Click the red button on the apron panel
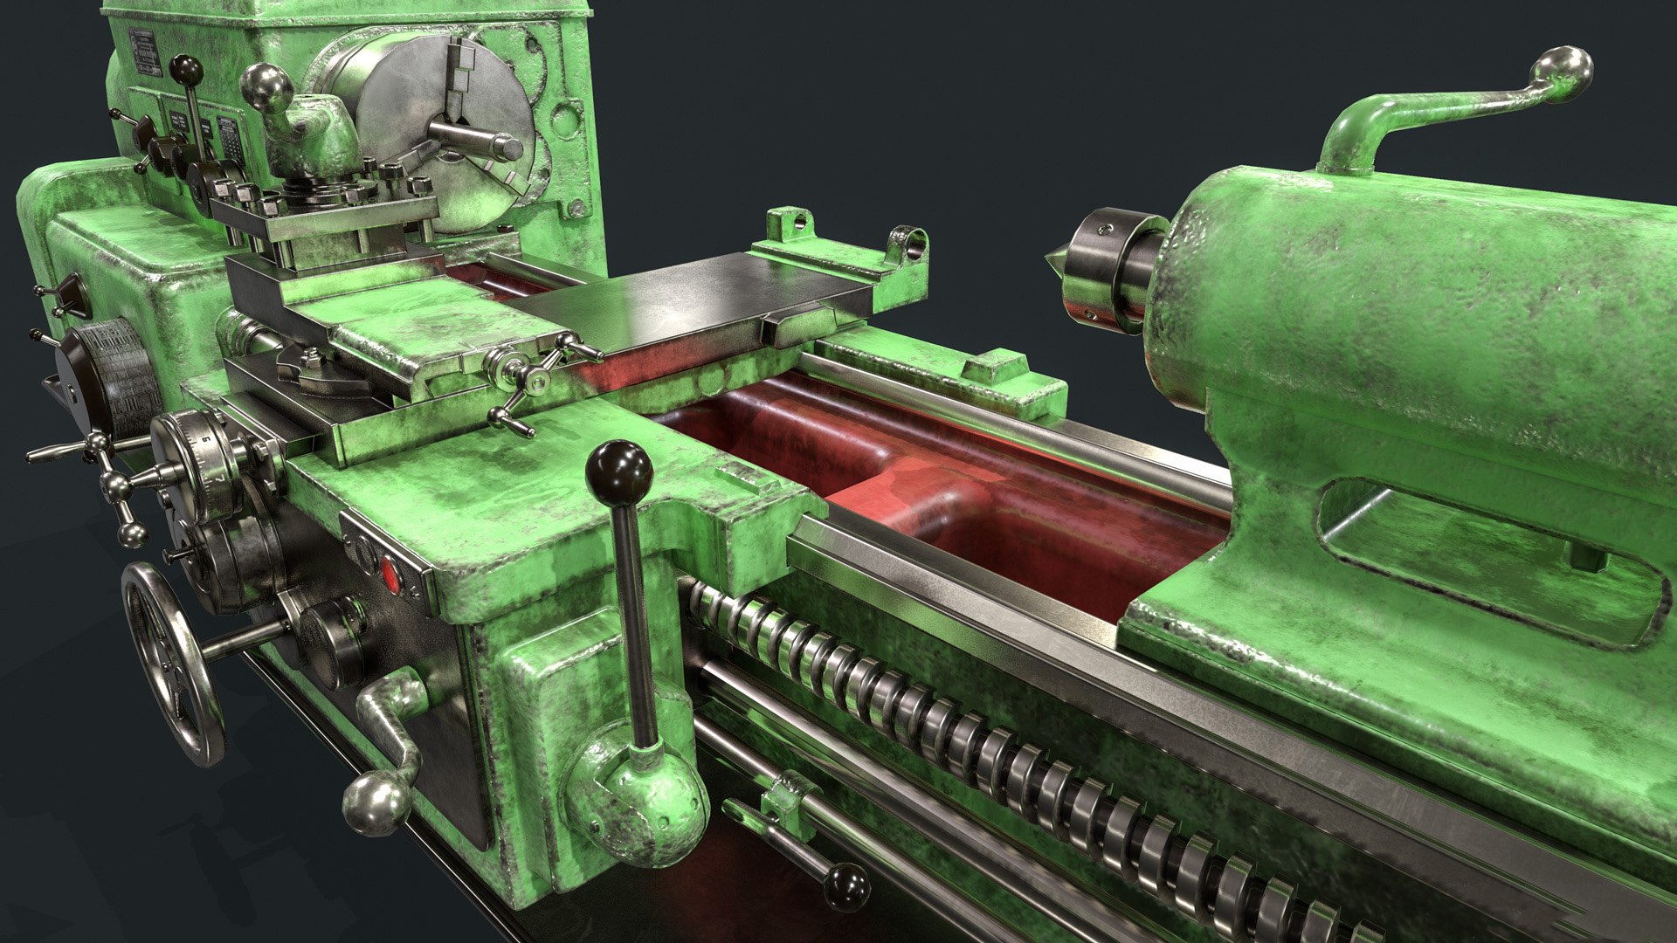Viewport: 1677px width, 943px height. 390,575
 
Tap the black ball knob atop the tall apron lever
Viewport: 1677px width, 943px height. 619,471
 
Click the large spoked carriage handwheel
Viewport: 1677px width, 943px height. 172,664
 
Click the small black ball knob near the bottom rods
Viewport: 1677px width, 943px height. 846,886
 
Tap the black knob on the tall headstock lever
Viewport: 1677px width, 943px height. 186,69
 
